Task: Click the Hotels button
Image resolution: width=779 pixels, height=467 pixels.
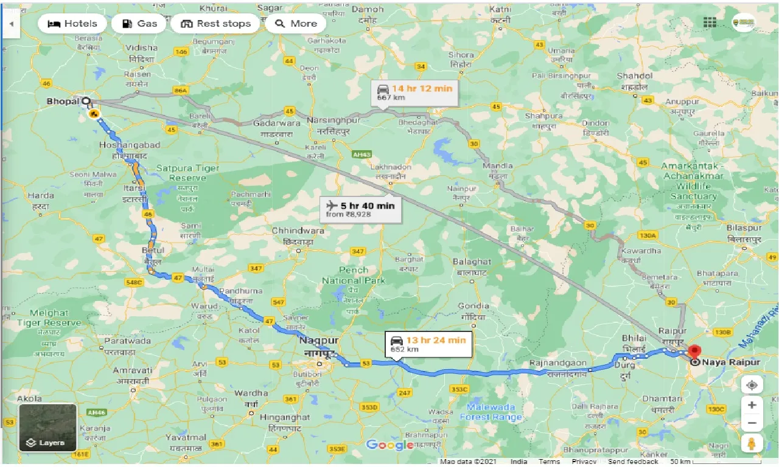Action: tap(72, 24)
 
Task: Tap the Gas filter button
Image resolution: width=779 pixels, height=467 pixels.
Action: tap(139, 24)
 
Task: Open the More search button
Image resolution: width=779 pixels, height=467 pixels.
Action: tap(296, 24)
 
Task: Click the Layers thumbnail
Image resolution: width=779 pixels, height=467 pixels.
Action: tap(48, 427)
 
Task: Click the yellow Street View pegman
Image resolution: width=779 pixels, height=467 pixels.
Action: tap(752, 443)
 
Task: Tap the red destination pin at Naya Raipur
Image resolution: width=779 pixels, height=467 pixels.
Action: tap(694, 352)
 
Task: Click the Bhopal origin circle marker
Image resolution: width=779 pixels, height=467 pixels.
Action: tap(86, 102)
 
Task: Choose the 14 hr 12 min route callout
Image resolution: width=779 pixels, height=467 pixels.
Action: tap(415, 92)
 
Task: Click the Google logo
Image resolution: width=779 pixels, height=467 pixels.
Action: tap(389, 446)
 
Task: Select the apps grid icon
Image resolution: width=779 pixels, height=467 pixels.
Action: tap(710, 22)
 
